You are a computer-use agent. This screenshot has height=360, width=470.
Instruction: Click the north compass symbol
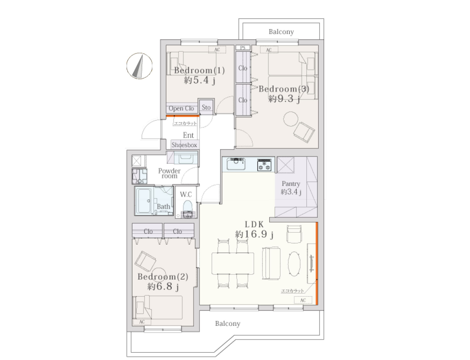coord(139,66)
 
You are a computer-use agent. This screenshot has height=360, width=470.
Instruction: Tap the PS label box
coord(243,47)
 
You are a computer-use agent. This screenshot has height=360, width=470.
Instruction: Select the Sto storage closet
coord(206,107)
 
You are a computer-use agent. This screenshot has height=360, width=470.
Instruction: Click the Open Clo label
coord(181,108)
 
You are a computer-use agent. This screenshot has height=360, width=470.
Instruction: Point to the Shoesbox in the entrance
coord(184,145)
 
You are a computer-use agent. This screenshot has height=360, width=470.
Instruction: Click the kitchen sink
coord(236,164)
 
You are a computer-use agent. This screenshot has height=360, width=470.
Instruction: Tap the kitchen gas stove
coord(264,165)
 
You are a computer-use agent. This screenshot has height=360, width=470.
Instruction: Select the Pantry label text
coord(291,183)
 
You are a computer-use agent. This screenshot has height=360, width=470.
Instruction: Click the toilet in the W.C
coord(188,209)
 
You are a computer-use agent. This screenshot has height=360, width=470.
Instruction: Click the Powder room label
coord(169,174)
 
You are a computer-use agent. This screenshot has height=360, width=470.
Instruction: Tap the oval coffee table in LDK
coord(294,263)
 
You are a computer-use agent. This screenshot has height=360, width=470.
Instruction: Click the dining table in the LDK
coord(233,263)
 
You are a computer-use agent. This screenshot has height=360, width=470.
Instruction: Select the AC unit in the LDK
coord(303,300)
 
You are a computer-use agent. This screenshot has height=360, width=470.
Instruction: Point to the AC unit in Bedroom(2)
coord(142,322)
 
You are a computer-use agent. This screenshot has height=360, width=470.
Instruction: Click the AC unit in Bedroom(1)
coord(217,50)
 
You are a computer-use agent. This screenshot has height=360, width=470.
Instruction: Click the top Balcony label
coord(281,32)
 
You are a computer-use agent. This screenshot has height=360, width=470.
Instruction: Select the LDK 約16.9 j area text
coord(254,230)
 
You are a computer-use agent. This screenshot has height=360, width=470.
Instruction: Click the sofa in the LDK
coord(271,263)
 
